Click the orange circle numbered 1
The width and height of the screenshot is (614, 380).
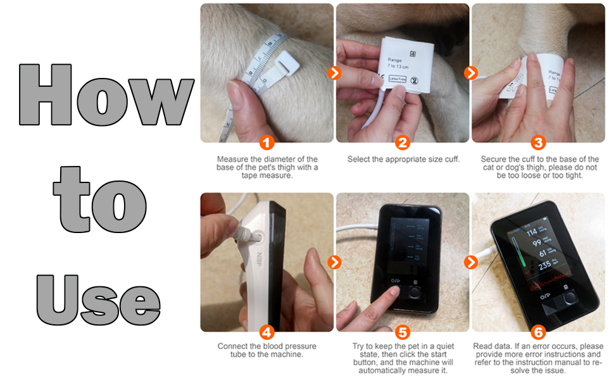tap(267, 142)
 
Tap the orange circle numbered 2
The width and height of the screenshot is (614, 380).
tap(403, 142)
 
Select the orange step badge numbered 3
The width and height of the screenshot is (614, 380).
tap(538, 142)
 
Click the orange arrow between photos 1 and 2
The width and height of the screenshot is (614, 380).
tap(335, 73)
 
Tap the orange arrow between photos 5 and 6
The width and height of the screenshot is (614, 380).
tap(470, 262)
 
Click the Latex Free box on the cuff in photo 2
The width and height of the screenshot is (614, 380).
tap(398, 79)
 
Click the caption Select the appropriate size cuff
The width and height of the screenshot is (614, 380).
tap(403, 160)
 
